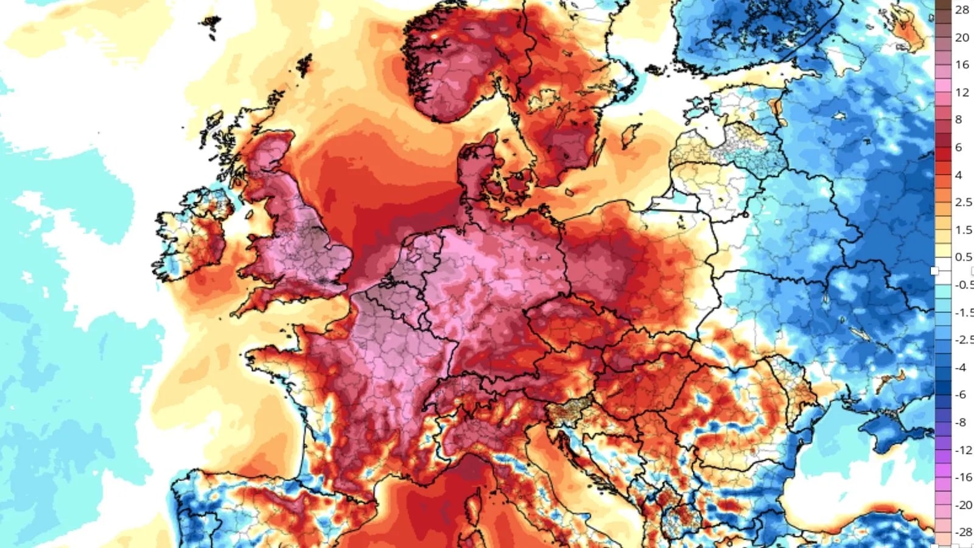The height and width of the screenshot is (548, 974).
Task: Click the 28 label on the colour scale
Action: coord(962,10)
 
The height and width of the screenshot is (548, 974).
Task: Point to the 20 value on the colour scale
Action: coord(962,38)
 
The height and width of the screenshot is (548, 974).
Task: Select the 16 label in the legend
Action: coord(962,65)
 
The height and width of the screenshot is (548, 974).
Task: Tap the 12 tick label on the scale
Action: coord(962,93)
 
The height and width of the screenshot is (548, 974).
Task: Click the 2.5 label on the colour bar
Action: coord(963,202)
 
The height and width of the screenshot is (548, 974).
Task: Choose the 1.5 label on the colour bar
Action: coord(963,230)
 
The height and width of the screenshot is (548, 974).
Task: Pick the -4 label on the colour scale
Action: coord(961,368)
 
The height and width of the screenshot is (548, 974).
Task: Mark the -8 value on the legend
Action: coord(961,422)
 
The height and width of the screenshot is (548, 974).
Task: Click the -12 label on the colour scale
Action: coord(963,450)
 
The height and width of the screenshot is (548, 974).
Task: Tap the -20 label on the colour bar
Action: coord(963,505)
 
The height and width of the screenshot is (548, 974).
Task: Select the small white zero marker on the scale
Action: coord(935,270)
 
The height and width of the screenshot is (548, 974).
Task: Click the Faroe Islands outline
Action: coord(211,24)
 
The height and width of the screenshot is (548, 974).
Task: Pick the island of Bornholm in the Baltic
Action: coord(569,192)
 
